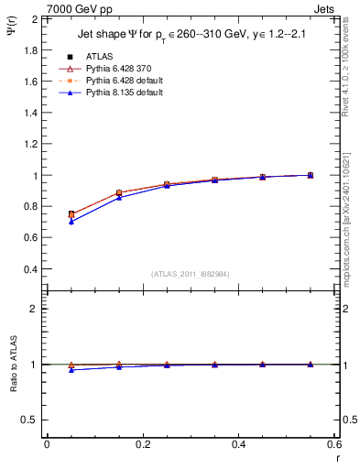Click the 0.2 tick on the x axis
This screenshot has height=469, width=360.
pyautogui.click(x=142, y=444)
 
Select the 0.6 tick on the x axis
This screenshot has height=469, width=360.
pyautogui.click(x=334, y=444)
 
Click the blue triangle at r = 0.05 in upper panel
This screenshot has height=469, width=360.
pyautogui.click(x=71, y=222)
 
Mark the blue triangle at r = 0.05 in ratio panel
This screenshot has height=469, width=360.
pyautogui.click(x=71, y=369)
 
